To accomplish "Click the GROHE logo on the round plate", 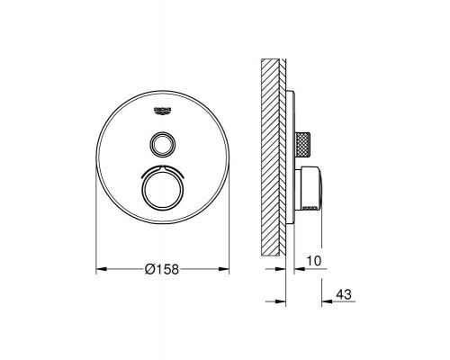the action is tap(162, 111).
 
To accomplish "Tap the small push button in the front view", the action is tap(162, 144).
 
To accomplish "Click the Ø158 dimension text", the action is tap(161, 269).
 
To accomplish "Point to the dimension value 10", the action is tap(313, 261).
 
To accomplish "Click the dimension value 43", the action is tap(344, 294).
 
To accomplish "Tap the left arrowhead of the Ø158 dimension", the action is tap(102, 269).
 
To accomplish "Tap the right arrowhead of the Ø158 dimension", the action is tap(224, 269).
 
